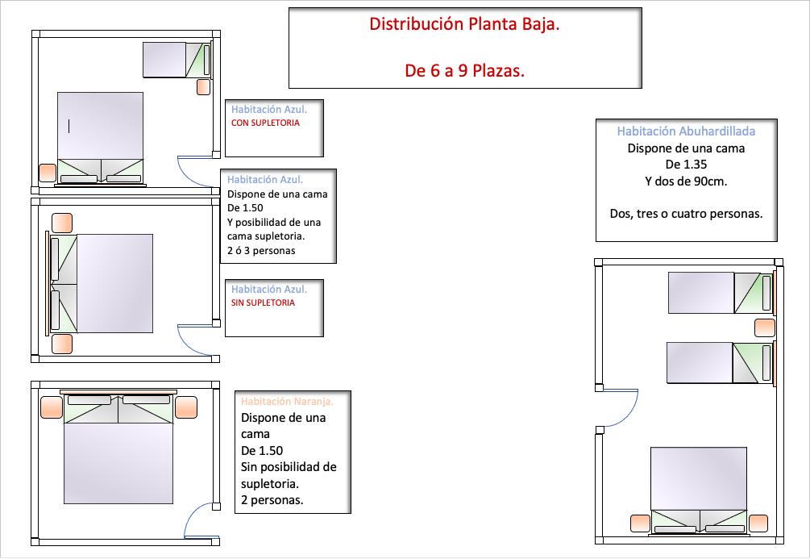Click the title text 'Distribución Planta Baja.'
tap(464, 24)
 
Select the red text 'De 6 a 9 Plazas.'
tap(464, 70)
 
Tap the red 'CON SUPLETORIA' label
tap(265, 123)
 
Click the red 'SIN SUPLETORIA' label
tap(263, 303)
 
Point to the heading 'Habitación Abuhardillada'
tap(686, 131)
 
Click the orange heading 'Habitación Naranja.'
tap(287, 401)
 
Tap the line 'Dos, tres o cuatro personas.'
tap(686, 214)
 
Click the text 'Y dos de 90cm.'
tap(686, 181)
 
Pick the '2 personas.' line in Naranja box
tap(272, 500)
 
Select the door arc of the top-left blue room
tap(189, 176)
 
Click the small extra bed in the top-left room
tap(177, 60)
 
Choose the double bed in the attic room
tap(699, 490)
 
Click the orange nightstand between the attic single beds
tap(765, 327)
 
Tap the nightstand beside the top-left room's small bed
tap(204, 87)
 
